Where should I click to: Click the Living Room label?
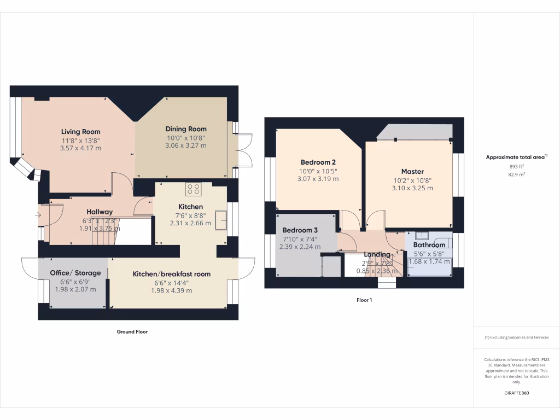coord(80,132)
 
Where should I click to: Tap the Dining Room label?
coord(186,129)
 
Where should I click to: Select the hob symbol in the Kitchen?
coord(193,189)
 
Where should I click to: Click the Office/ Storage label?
coord(75,273)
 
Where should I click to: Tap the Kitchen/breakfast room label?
coord(171,274)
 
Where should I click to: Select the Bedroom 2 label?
coord(318,162)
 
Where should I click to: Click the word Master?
coord(412,172)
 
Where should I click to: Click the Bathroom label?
coord(429,245)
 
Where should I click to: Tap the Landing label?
coord(377,254)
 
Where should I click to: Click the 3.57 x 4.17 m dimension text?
coord(81,148)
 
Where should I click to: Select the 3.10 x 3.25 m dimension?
coord(412,188)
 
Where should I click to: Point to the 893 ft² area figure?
coord(517,166)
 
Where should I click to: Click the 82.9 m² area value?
coord(517,174)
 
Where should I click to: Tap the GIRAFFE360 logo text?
coord(517,393)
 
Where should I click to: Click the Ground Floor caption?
coord(132,331)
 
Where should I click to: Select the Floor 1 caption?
coord(364,300)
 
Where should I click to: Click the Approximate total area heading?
coord(516,157)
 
